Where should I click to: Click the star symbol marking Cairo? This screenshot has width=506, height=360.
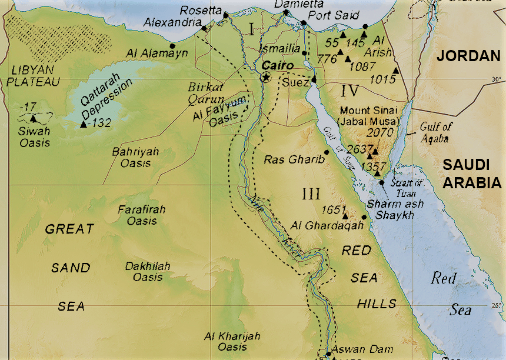[x=266, y=77]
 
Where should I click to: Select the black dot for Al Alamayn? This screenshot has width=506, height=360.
[x=172, y=45]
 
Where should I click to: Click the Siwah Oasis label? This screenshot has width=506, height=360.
[x=34, y=136]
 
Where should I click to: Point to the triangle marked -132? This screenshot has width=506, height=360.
[x=83, y=124]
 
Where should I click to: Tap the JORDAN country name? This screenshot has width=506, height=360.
[x=468, y=56]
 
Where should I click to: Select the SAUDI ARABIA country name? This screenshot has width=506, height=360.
[x=472, y=174]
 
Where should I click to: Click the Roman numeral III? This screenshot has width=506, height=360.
[x=310, y=194]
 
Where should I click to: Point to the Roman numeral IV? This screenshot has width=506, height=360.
[x=349, y=91]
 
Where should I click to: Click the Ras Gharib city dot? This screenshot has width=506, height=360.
[x=327, y=152]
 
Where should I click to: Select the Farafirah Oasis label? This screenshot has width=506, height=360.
[x=141, y=215]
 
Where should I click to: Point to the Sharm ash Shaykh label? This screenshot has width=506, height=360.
[x=390, y=209]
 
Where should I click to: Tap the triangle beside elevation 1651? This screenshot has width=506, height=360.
[x=345, y=215]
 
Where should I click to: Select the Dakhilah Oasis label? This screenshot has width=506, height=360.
[x=147, y=272]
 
